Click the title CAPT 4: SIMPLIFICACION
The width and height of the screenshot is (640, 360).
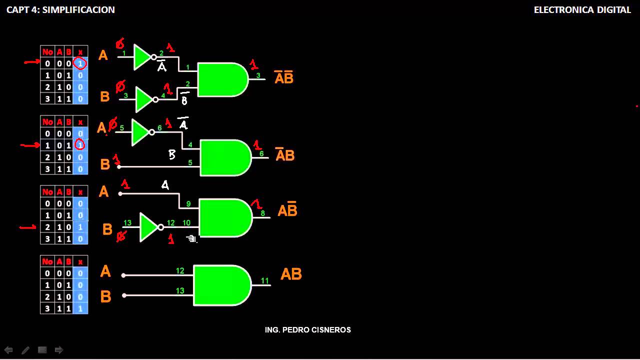(60, 10)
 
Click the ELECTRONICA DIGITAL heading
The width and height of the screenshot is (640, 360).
(582, 10)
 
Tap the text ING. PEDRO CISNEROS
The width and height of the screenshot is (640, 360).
(307, 330)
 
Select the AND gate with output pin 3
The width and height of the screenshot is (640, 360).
(221, 79)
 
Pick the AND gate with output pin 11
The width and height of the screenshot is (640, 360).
(221, 285)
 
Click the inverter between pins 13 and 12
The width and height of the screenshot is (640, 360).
(149, 227)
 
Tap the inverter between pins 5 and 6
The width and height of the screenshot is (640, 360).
(141, 132)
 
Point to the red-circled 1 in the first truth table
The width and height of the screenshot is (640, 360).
(80, 63)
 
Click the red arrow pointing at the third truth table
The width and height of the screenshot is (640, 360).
(28, 227)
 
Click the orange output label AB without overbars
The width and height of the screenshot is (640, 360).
(291, 274)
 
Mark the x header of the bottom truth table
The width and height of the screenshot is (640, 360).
(80, 261)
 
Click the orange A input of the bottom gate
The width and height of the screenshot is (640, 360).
(105, 271)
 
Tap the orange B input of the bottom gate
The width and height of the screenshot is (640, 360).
(105, 296)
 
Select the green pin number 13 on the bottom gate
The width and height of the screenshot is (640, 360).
(180, 290)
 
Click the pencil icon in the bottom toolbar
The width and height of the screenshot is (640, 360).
(25, 350)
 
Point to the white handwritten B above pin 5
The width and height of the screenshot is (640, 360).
(171, 155)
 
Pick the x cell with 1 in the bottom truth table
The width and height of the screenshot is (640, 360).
(80, 309)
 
